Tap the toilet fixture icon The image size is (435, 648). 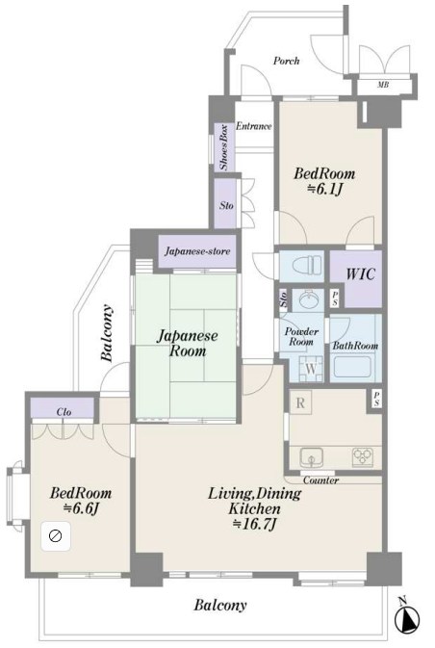[x=307, y=265]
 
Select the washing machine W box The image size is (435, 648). [x=311, y=368]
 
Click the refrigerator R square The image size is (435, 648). [x=300, y=402]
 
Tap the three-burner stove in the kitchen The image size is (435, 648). [x=362, y=457]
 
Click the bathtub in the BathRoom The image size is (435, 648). [x=352, y=367]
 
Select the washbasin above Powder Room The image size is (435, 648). [x=308, y=299]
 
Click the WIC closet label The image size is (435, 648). [x=360, y=274]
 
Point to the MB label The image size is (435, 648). [x=382, y=85]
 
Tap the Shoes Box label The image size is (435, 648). [x=224, y=147]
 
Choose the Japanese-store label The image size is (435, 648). [x=197, y=251]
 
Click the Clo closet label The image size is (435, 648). [x=64, y=411]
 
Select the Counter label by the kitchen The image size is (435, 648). [x=321, y=480]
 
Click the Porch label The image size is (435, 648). [x=286, y=62]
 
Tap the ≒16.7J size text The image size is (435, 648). [x=254, y=524]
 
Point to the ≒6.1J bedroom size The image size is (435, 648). [x=324, y=190]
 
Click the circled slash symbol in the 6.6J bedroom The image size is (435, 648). [x=56, y=536]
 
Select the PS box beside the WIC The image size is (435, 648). [x=335, y=298]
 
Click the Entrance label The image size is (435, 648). [x=254, y=126]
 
